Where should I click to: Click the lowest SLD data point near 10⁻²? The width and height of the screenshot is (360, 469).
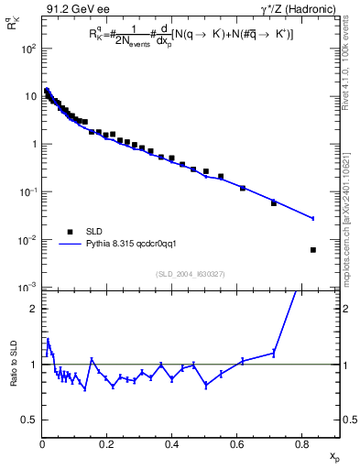click(313, 250)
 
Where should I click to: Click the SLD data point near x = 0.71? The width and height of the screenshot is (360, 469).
click(274, 203)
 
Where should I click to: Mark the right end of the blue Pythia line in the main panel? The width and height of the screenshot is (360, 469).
click(313, 218)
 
